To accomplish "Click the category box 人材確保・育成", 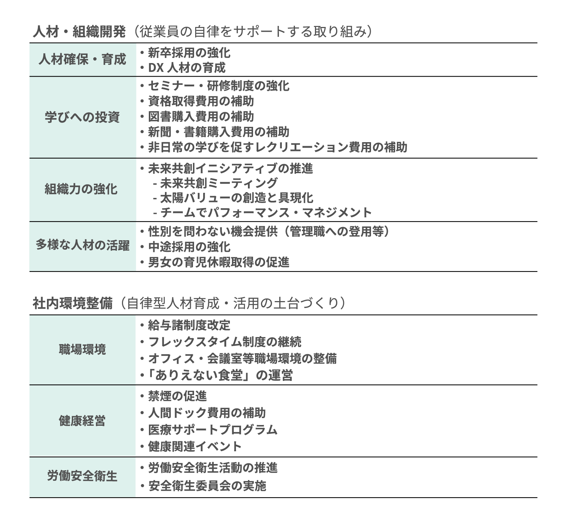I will [83, 59].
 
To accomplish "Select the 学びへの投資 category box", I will [83, 117].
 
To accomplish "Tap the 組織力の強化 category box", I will [83, 190].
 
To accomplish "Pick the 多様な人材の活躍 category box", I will [83, 246].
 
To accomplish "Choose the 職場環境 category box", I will [83, 350].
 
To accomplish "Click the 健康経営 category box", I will [83, 421].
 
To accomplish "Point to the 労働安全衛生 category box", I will [83, 476].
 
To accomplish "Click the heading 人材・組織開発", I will [79, 32].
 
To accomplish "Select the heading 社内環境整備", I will [72, 303].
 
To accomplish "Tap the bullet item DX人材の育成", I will [187, 68].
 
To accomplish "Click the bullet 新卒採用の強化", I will [189, 53].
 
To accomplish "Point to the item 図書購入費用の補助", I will [201, 117].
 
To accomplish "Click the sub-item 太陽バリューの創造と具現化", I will [236, 198].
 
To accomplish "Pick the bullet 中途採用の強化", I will [189, 247].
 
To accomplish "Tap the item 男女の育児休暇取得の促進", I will [218, 262].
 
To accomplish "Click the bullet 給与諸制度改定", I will [189, 325].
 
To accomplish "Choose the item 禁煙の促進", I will [177, 396].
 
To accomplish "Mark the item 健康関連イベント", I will [195, 446].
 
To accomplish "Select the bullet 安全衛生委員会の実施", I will [207, 486].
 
